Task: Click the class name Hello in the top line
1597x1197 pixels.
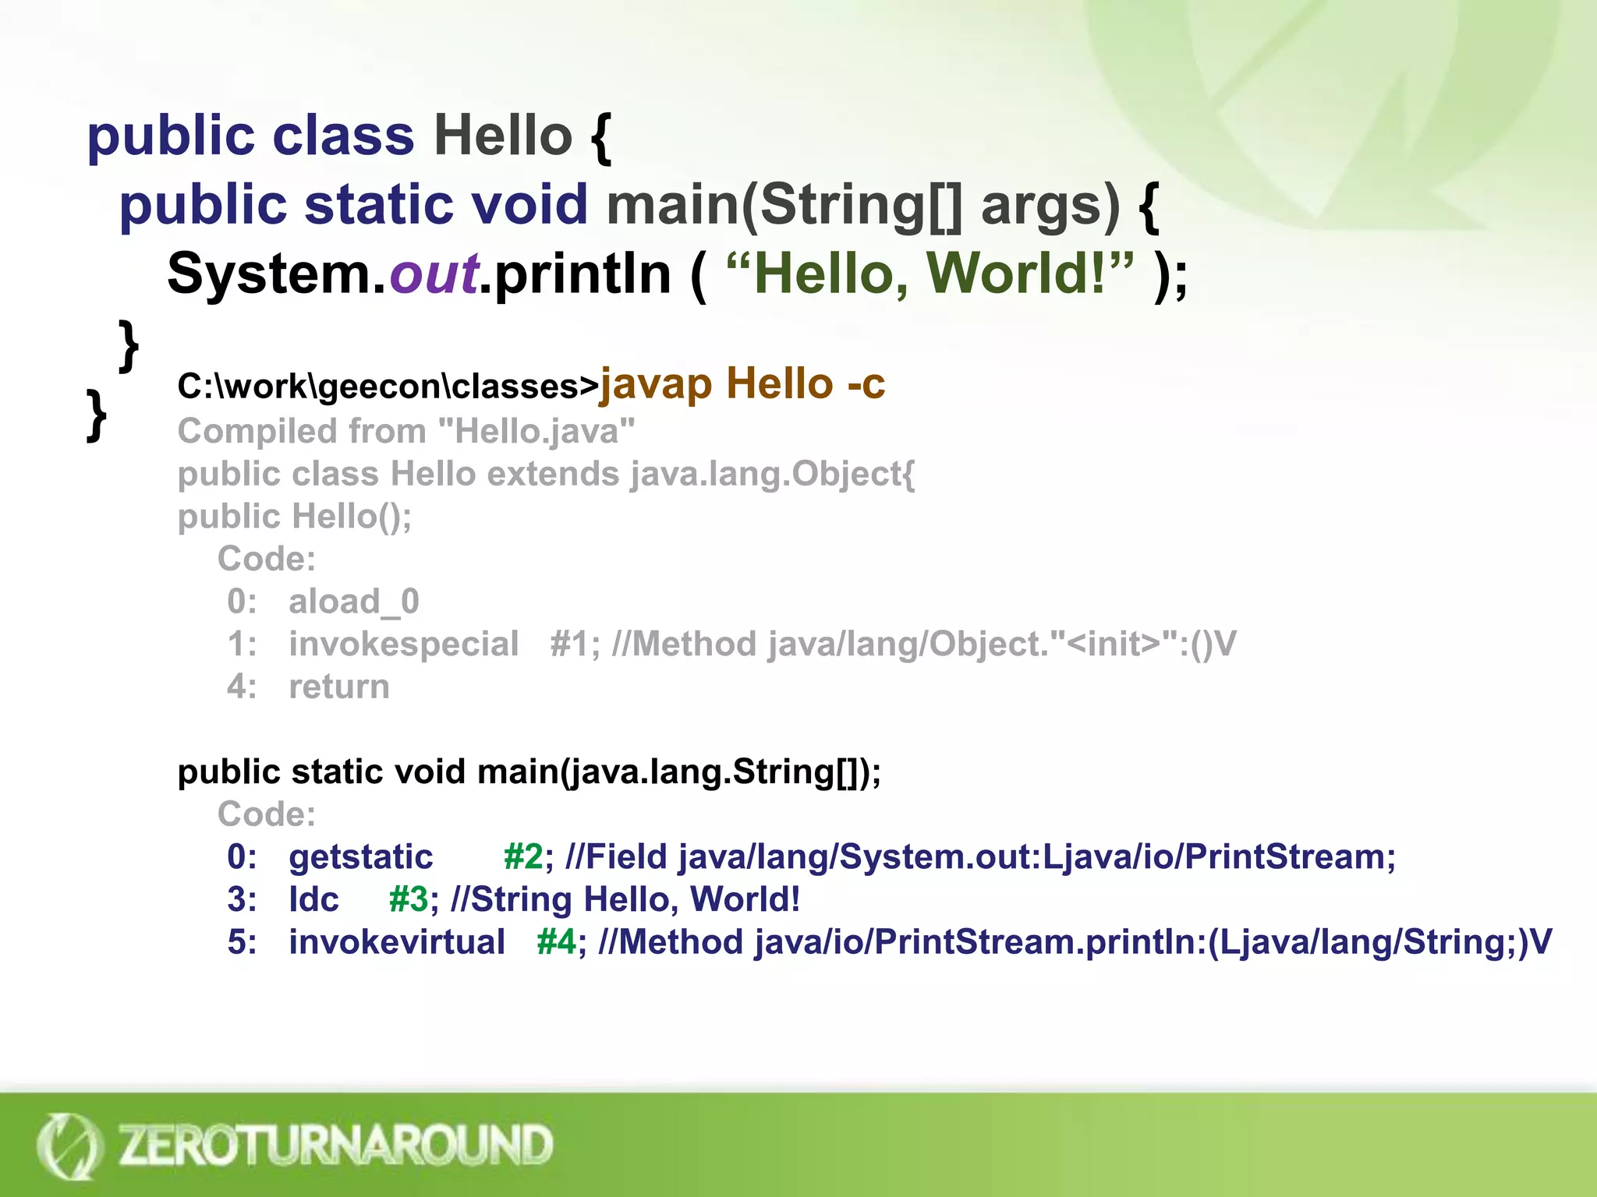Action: [503, 136]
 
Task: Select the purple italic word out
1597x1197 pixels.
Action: [434, 274]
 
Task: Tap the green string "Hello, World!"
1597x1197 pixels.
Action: [929, 274]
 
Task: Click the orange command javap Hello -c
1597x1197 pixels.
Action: [742, 384]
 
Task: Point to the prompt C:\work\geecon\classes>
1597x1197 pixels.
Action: [388, 387]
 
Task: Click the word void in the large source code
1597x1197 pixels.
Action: [529, 205]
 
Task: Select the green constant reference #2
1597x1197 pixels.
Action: [523, 857]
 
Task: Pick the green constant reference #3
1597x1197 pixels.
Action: [409, 900]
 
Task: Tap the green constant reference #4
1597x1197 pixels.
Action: [557, 942]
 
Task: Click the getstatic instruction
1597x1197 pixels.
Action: [360, 857]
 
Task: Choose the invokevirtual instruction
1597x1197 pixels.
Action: [397, 942]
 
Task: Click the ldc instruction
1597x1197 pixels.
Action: [313, 900]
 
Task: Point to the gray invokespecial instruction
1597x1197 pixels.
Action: [403, 644]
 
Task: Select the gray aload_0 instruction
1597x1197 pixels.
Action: [354, 602]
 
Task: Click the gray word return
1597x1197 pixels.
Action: [338, 687]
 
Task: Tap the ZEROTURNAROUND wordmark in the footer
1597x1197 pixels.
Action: [335, 1145]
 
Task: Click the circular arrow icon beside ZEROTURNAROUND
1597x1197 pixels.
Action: [69, 1146]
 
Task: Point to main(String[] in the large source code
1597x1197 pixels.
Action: [783, 205]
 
